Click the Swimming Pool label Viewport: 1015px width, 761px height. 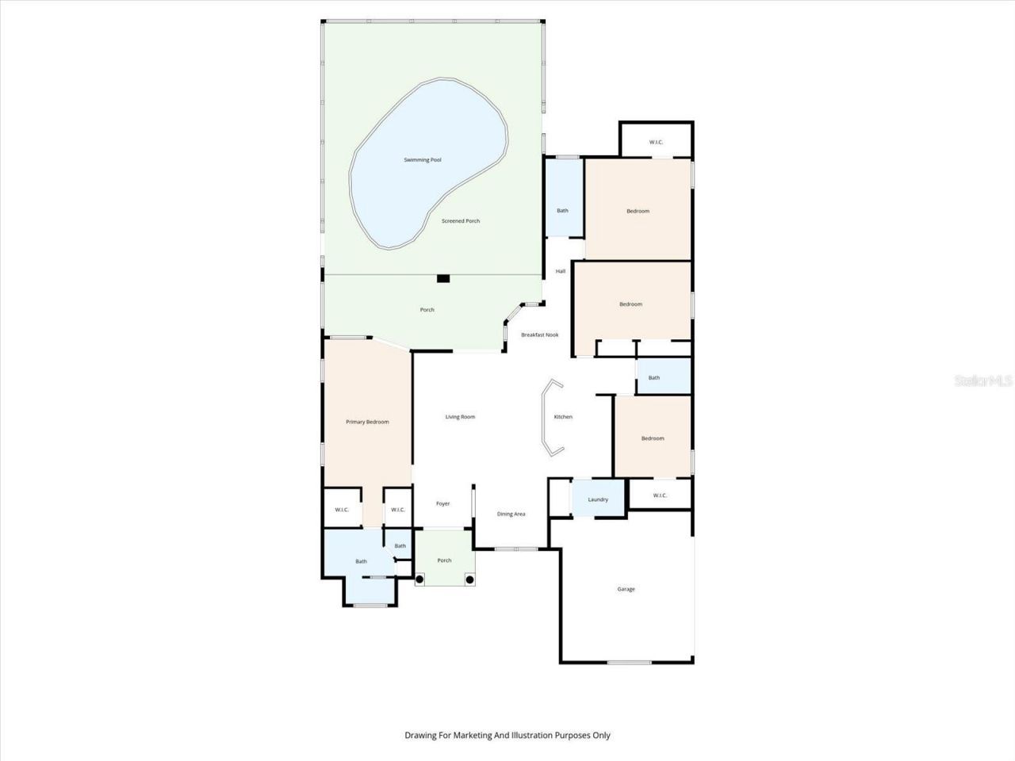(422, 160)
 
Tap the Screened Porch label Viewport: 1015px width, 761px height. (461, 221)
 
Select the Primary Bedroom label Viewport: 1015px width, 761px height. (367, 422)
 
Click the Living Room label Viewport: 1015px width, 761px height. (460, 417)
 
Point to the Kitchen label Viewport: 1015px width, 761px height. (563, 417)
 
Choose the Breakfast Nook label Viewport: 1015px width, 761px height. (539, 335)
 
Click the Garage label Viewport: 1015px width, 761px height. (626, 589)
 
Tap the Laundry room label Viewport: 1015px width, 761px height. (598, 499)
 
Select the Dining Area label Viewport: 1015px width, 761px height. (511, 514)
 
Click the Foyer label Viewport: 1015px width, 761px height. (442, 503)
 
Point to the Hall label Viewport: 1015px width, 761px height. (561, 271)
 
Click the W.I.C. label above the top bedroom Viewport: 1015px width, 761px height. (656, 142)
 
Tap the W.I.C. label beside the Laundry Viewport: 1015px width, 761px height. (660, 495)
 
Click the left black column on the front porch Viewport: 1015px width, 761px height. (419, 579)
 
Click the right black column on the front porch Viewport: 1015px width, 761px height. (469, 579)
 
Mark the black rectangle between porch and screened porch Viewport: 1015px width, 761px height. (443, 278)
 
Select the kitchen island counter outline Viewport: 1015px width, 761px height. (549, 418)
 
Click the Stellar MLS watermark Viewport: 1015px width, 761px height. (983, 381)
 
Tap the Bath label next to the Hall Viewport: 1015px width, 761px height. (562, 210)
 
